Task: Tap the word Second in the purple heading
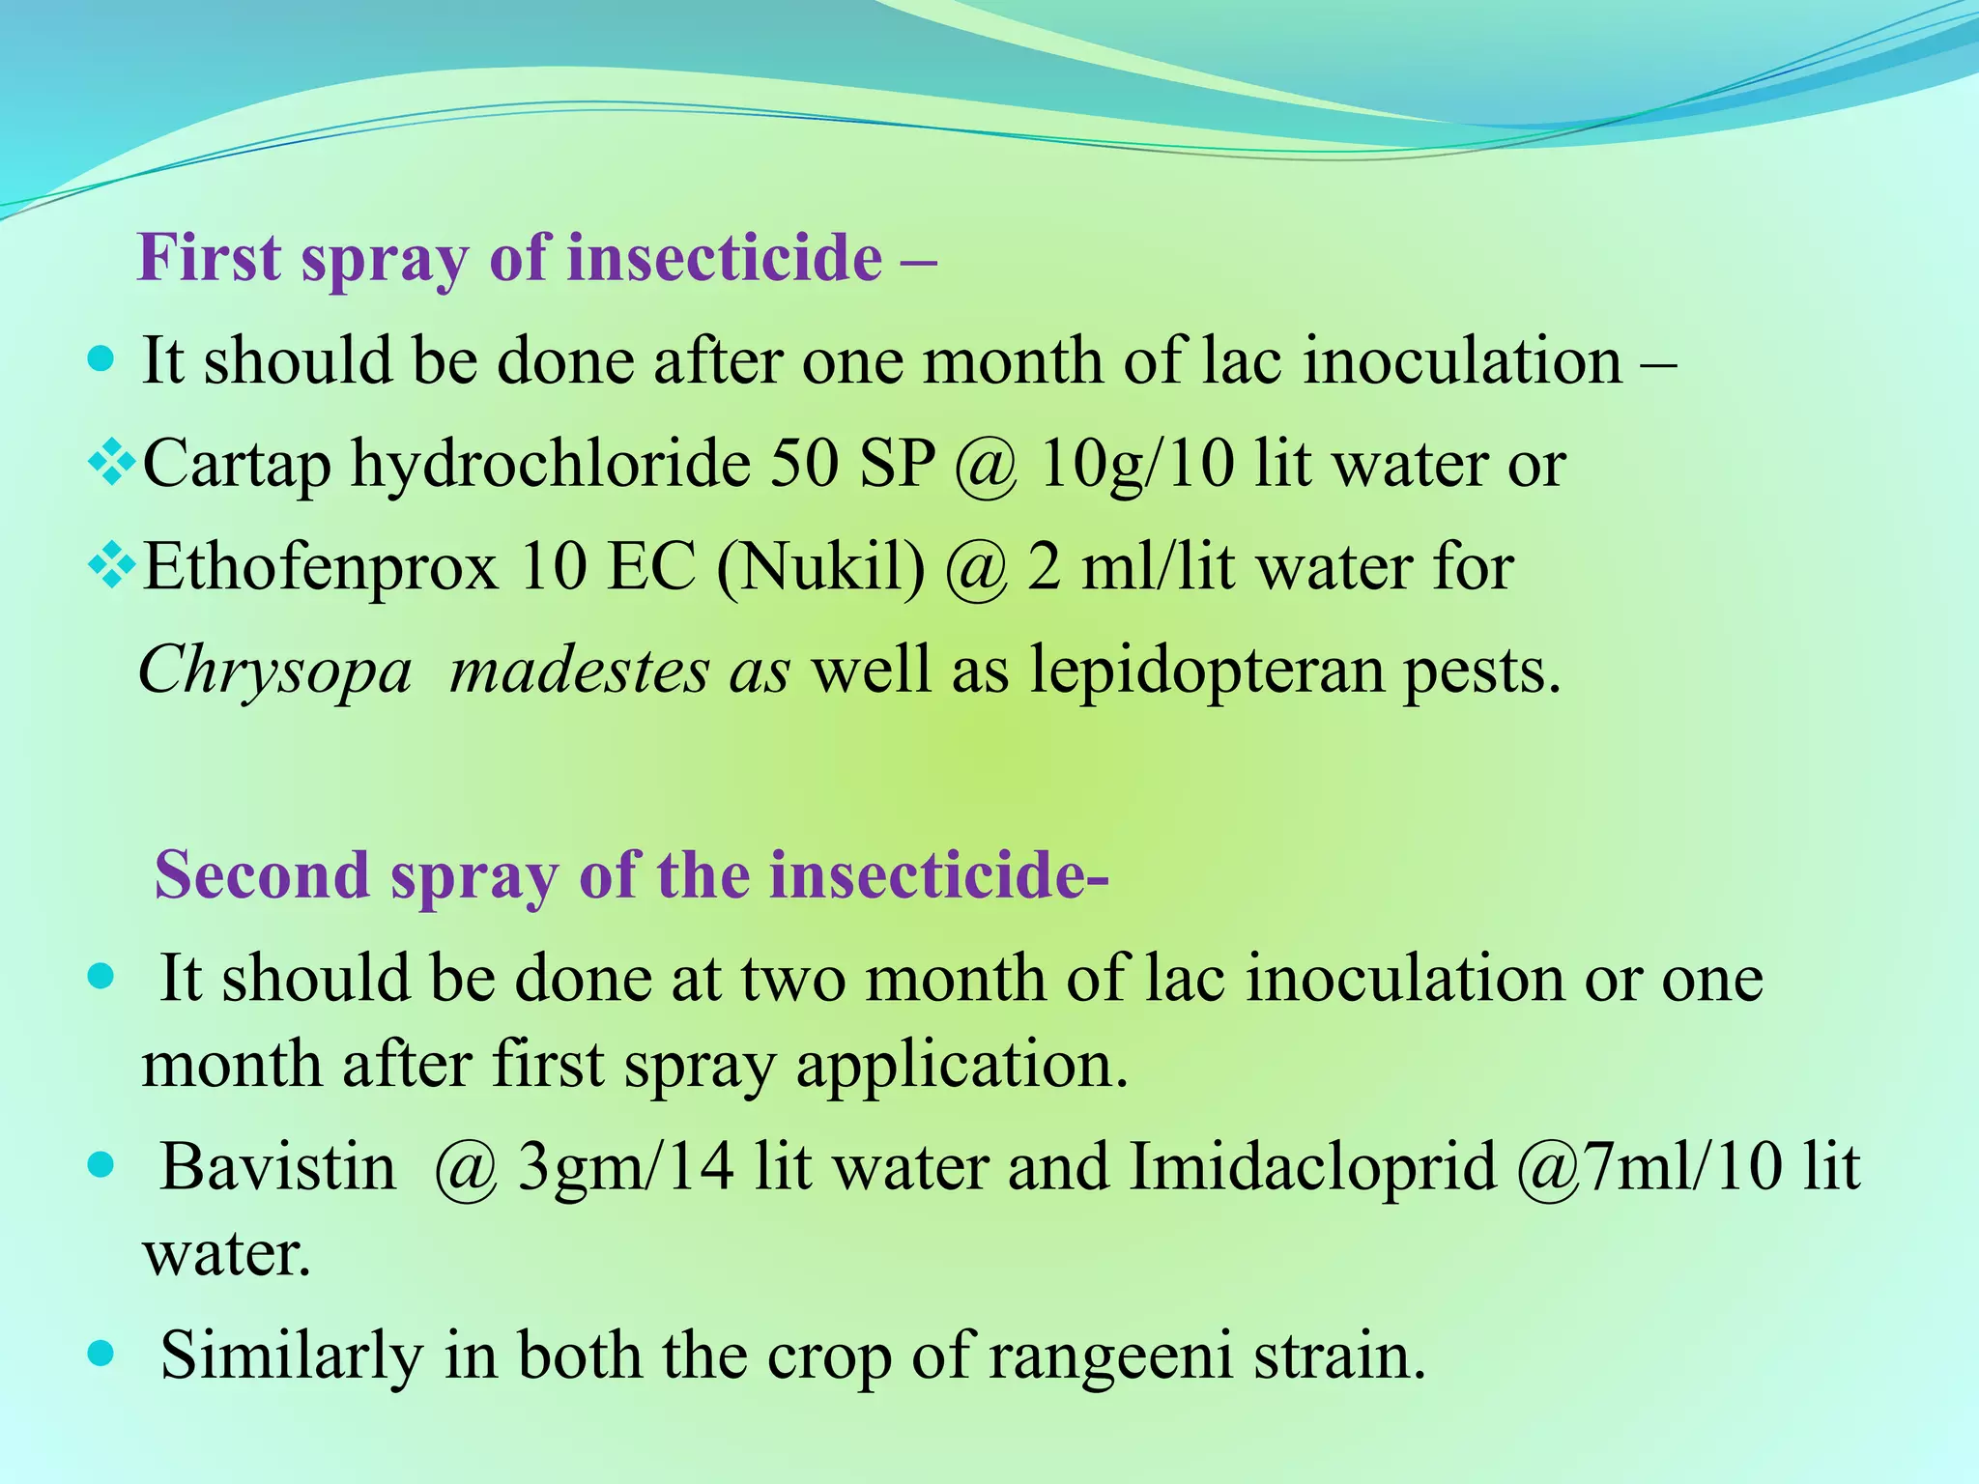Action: click(261, 874)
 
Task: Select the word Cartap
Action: click(237, 465)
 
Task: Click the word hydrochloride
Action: click(550, 465)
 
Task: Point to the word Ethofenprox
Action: click(320, 567)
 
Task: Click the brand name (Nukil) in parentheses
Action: click(820, 567)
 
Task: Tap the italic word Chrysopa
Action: click(275, 670)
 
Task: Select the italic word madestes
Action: click(579, 670)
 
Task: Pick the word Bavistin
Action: click(278, 1166)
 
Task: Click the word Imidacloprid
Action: click(1312, 1166)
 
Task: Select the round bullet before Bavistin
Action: click(100, 1165)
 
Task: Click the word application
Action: click(962, 1065)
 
